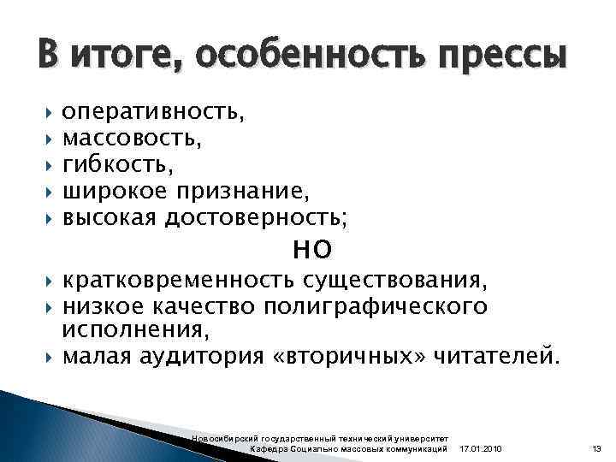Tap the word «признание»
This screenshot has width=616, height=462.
coord(242,187)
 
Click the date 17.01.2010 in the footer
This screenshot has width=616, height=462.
coord(482,449)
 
